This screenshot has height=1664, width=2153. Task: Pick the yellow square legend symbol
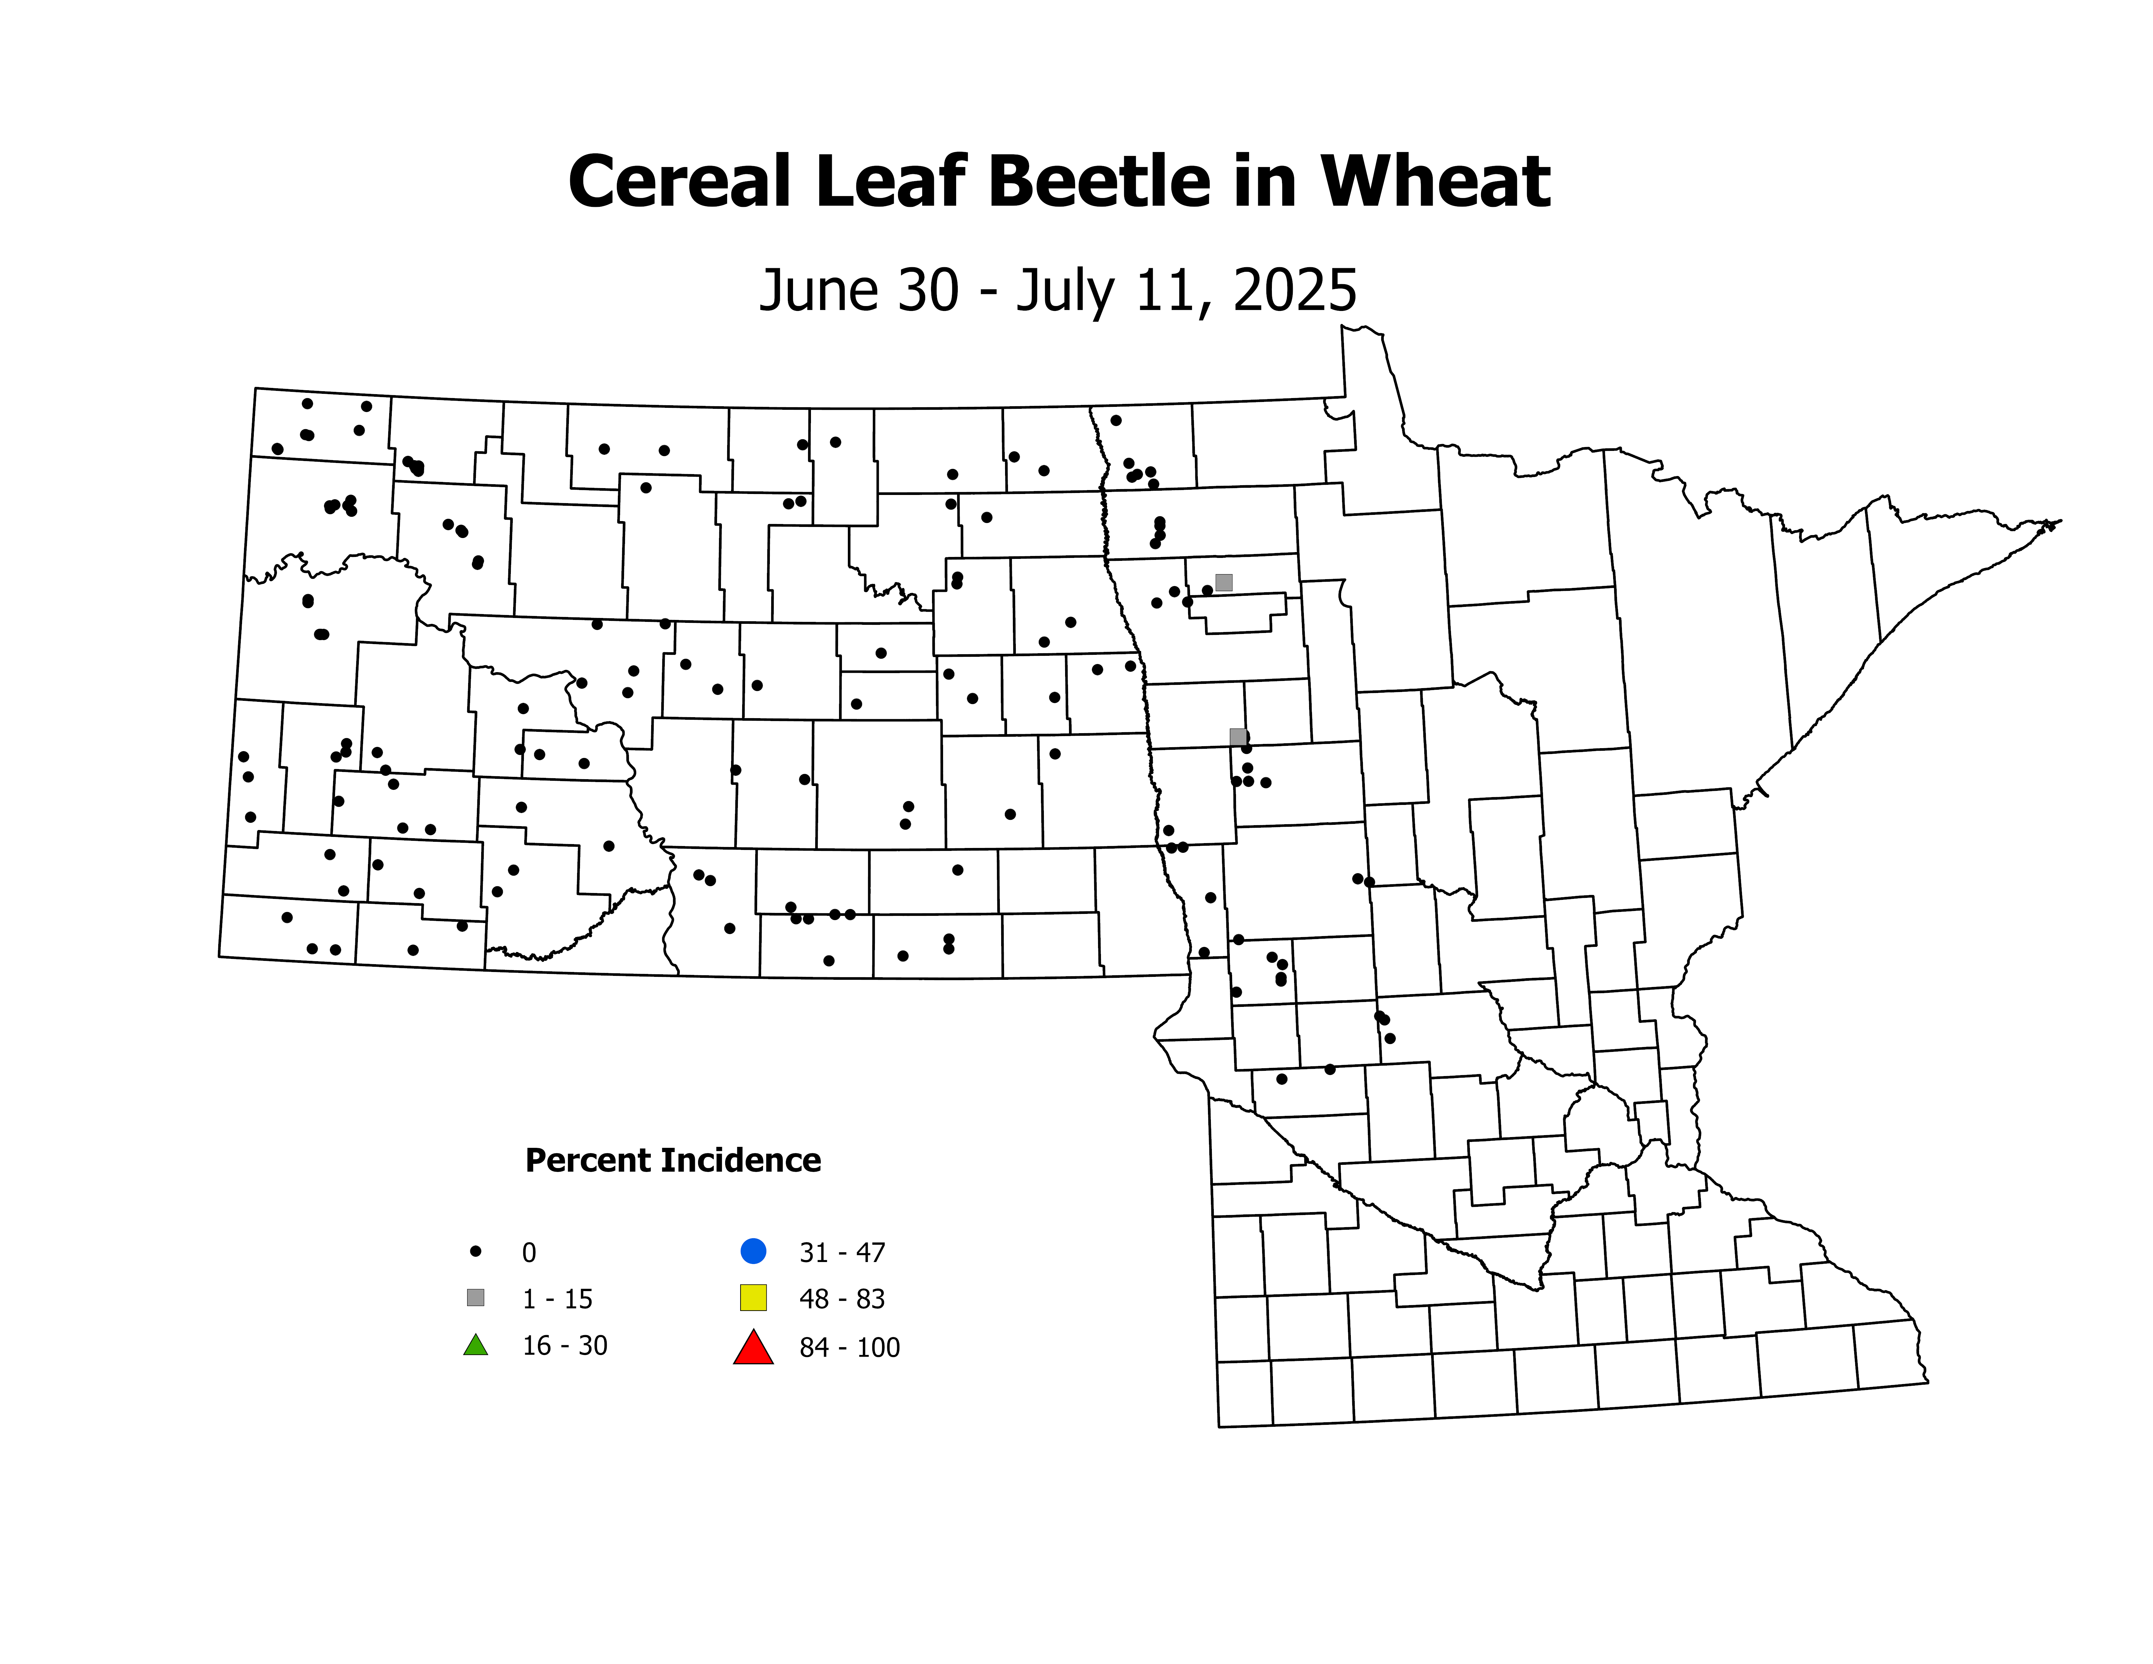[753, 1297]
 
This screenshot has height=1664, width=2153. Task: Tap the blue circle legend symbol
[753, 1251]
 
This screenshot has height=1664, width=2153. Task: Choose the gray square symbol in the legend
[475, 1297]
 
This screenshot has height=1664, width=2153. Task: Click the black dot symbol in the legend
[475, 1251]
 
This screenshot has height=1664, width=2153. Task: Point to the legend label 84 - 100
[849, 1348]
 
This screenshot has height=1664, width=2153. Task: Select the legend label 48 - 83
[842, 1299]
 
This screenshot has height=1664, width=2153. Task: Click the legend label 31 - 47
[842, 1253]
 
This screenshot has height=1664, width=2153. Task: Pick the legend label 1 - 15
[557, 1299]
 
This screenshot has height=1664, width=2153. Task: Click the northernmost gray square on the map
[1223, 583]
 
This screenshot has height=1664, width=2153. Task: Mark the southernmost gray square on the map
[1238, 736]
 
